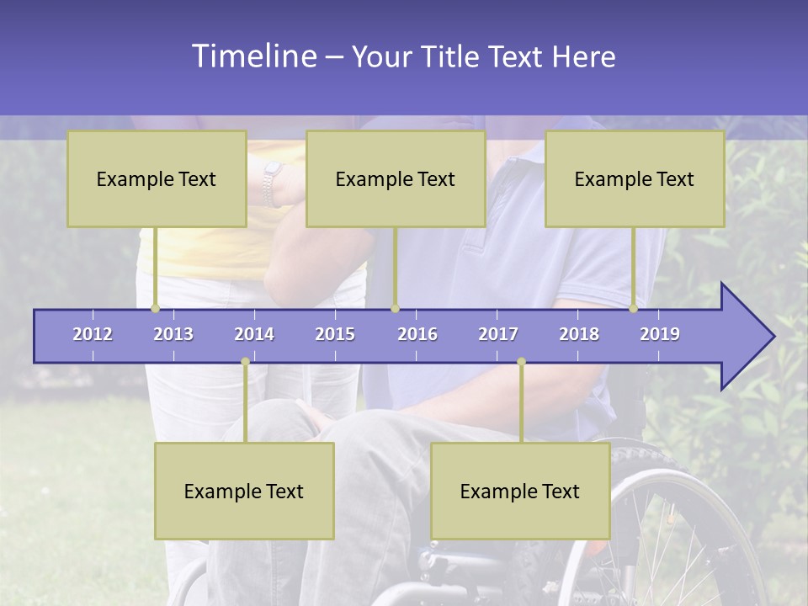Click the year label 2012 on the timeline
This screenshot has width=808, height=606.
[x=93, y=334]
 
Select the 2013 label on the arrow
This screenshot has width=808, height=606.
[x=173, y=334]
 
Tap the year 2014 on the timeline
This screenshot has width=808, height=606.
[x=254, y=334]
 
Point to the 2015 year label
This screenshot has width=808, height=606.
[x=335, y=334]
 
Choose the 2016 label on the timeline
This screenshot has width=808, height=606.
[x=417, y=334]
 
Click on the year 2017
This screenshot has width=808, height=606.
[x=498, y=334]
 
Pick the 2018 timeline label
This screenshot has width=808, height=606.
[x=579, y=334]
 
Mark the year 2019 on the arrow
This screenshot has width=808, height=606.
[x=660, y=334]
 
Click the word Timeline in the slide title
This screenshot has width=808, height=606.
[x=252, y=56]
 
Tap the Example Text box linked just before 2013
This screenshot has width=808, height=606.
[x=157, y=178]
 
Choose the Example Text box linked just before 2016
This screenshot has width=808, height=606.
[x=396, y=178]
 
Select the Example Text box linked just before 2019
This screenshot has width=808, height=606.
[x=635, y=178]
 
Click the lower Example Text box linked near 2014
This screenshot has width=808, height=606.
[x=244, y=491]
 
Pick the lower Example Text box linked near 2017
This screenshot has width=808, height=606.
[x=520, y=491]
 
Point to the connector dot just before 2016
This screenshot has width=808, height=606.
[x=396, y=308]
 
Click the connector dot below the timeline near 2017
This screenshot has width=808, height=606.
[x=521, y=362]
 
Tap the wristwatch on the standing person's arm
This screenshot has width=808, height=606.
[x=272, y=183]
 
